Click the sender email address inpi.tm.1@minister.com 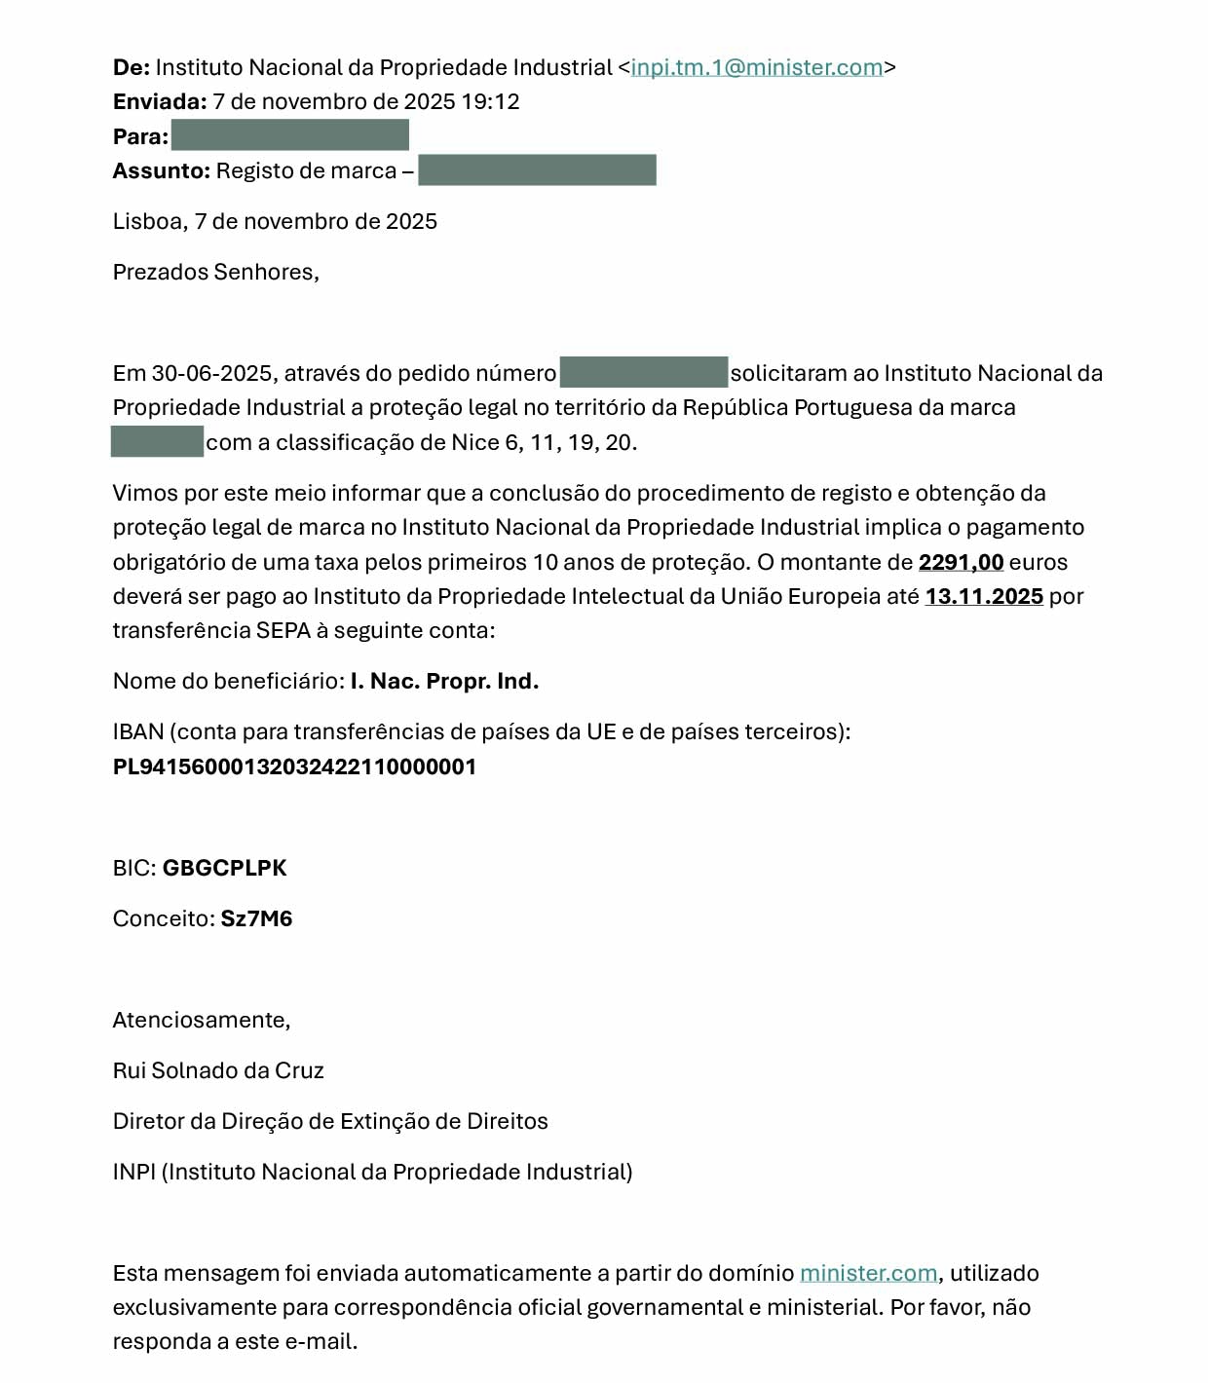[757, 68]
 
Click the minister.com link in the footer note [868, 1274]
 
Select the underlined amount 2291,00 [961, 563]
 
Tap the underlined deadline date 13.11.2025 [984, 597]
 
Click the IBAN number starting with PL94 [294, 767]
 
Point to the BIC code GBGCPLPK [224, 869]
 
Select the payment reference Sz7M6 [256, 919]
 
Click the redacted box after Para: [289, 135]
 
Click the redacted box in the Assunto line [537, 170]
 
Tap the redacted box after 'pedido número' [644, 373]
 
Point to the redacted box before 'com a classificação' [157, 442]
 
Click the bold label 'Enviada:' [160, 102]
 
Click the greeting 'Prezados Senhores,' [216, 273]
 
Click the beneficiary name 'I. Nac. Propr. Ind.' [444, 682]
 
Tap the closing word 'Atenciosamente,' [202, 1021]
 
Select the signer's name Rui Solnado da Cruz [218, 1071]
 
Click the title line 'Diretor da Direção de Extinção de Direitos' [330, 1122]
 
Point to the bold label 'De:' [132, 68]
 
